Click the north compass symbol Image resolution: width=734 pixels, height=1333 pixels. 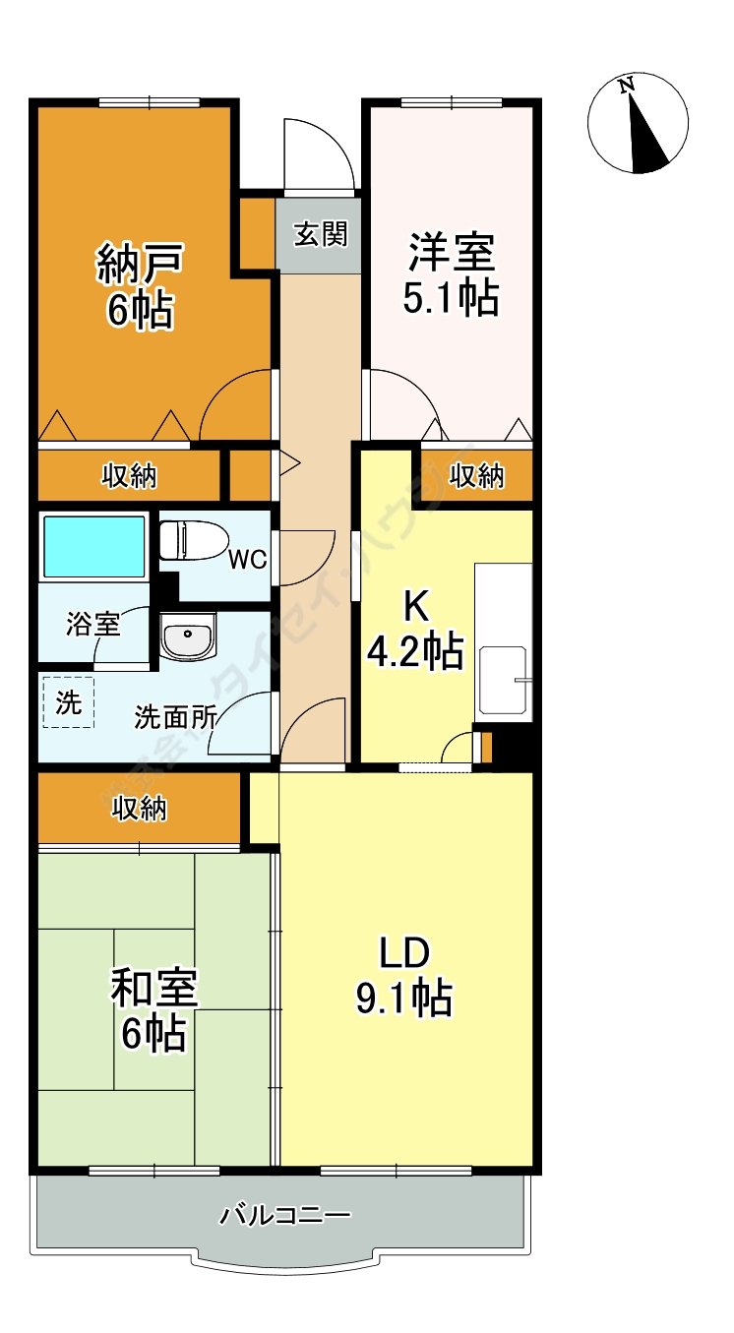pos(638,125)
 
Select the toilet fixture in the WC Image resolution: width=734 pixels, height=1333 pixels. pos(193,540)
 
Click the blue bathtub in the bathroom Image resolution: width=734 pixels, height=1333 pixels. pos(93,546)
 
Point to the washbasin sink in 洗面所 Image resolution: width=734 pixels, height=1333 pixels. pos(187,640)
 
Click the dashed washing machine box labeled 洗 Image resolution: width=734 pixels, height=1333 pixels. pos(68,702)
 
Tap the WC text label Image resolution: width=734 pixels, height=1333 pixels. pos(247,560)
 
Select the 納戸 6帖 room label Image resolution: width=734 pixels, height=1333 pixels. pos(140,286)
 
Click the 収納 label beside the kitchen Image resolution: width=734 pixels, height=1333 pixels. pos(477,476)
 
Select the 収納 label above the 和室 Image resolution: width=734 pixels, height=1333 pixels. pos(139,809)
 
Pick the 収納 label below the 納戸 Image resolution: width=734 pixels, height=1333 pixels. pos(129,476)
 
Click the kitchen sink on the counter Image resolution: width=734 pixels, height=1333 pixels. pos(504,679)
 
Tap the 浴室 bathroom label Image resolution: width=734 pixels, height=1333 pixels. pos(93,624)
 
